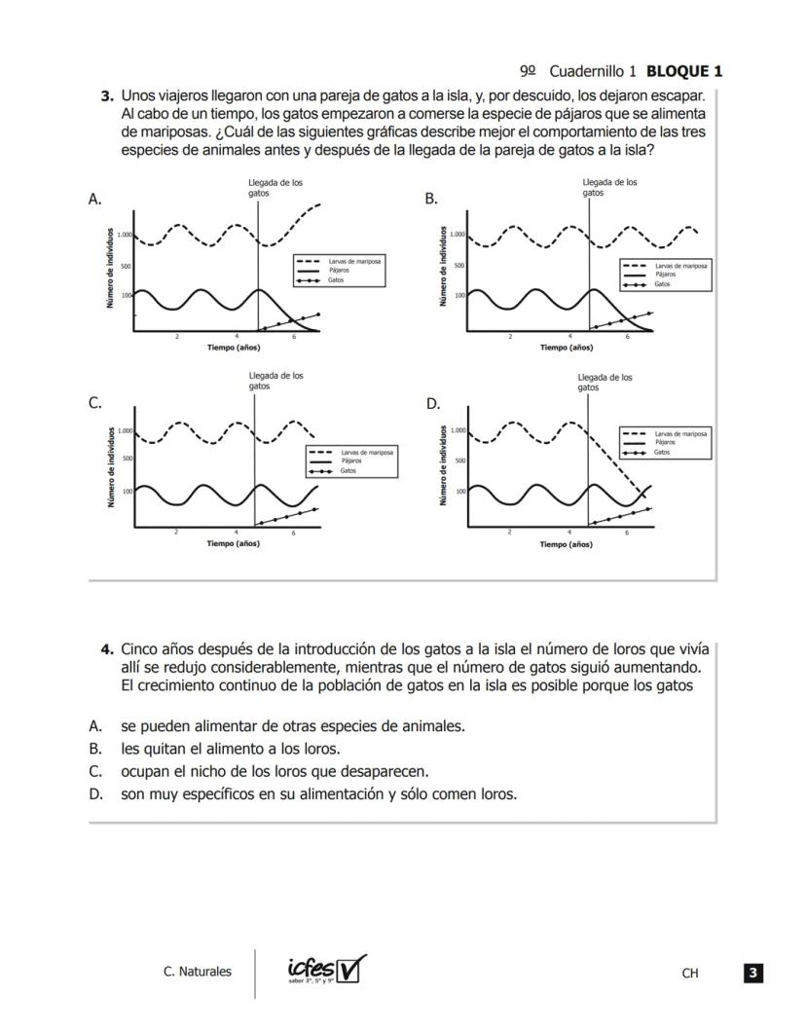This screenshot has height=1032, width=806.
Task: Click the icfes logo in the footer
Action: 326,970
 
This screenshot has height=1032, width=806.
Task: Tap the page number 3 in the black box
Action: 752,972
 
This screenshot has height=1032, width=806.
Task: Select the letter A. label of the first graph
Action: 95,199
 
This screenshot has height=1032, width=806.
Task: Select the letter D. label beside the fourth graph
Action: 433,403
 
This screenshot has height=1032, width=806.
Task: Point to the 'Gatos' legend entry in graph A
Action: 336,280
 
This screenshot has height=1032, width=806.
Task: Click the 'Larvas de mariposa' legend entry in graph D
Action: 680,433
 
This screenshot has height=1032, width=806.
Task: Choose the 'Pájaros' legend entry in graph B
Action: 667,275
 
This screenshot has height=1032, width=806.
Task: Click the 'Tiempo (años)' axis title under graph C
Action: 233,543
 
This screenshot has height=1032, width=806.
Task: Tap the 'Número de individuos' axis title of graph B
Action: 445,267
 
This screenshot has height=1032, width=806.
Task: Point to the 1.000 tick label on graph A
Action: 125,235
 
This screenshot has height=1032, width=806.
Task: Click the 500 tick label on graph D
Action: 459,461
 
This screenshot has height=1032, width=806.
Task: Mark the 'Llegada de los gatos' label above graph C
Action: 275,381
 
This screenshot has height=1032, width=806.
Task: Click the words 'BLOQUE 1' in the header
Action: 684,71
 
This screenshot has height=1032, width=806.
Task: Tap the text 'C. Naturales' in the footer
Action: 198,971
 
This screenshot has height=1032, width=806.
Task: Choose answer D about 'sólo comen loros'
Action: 317,793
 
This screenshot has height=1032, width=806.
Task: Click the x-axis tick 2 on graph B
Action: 510,337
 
